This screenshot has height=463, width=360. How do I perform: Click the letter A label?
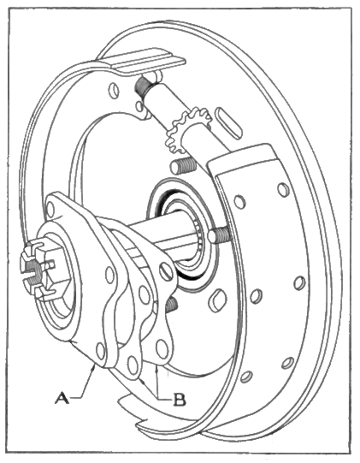(62, 398)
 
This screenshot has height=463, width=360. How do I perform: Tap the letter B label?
(179, 400)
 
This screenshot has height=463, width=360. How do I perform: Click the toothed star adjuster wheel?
(188, 129)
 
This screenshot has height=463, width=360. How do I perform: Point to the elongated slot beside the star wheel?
(228, 123)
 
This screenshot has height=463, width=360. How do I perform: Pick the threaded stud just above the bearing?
(183, 166)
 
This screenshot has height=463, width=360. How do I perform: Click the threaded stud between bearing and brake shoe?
(219, 234)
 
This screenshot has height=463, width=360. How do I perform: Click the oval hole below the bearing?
(217, 300)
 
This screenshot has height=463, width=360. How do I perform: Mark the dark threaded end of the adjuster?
(142, 86)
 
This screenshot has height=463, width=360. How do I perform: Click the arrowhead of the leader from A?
(94, 367)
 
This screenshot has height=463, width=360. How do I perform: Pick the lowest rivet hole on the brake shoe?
(246, 377)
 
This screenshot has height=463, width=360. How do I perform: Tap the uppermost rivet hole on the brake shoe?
(283, 189)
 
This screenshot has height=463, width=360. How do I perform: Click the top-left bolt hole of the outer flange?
(50, 208)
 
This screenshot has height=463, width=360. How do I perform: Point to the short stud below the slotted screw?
(172, 305)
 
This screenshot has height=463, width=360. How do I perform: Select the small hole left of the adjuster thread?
(114, 90)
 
